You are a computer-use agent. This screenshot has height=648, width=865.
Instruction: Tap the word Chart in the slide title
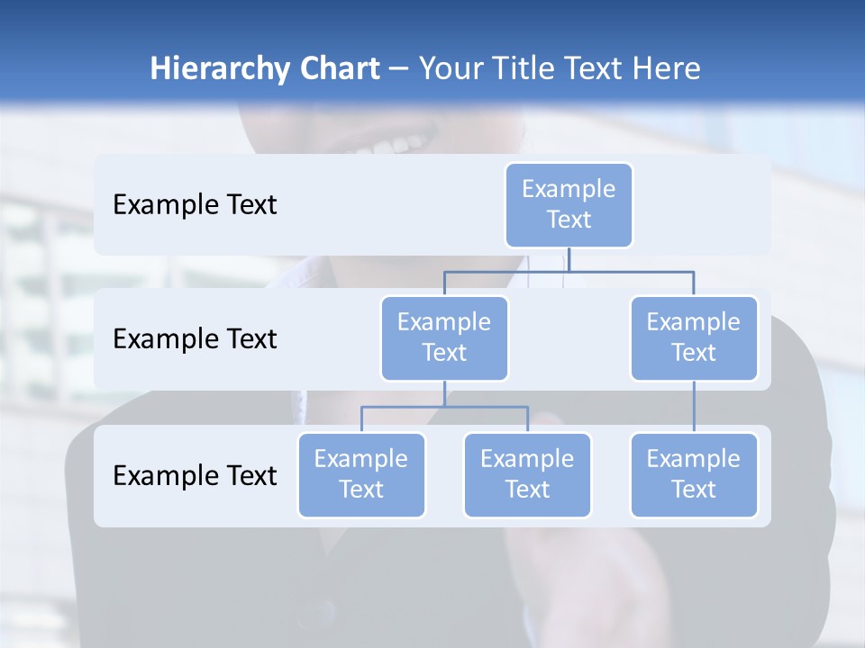coord(336,69)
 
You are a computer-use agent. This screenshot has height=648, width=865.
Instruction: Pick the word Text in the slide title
coord(598,69)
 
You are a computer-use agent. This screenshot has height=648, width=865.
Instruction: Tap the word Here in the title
coord(668,69)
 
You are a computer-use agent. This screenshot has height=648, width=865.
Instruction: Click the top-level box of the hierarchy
coord(569,204)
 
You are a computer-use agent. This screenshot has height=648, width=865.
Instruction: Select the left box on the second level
coord(444,337)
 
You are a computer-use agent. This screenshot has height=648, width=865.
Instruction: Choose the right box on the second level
coord(694,337)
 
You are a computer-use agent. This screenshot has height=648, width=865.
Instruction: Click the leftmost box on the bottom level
coord(361,474)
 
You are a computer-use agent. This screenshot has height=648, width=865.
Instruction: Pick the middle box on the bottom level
coord(527,474)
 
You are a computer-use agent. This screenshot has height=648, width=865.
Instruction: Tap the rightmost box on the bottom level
coord(694,474)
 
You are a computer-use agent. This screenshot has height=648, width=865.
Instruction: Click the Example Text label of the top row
coord(195,205)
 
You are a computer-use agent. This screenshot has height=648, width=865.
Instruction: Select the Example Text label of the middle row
coord(195,339)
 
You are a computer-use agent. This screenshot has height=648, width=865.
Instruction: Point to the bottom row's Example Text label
coord(195,475)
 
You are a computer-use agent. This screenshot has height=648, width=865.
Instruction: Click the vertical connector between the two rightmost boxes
coord(694,406)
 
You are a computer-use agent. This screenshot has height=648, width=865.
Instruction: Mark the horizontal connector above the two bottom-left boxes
coord(444,407)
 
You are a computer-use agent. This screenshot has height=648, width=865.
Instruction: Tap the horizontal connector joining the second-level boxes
coord(569,270)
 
